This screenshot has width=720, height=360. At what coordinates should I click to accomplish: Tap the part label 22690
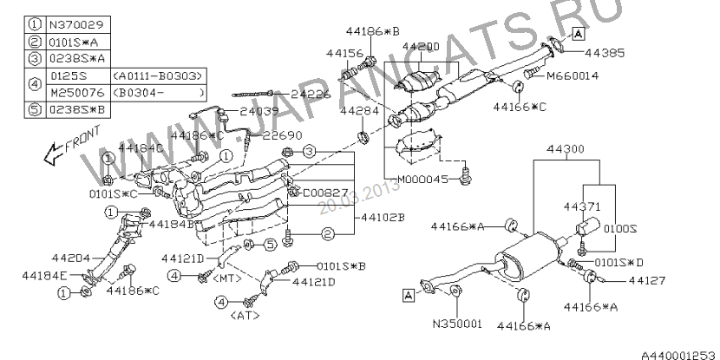coord(282,135)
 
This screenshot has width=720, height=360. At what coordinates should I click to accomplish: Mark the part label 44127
coord(646,280)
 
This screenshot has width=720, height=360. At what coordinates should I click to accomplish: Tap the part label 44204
coord(70,259)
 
